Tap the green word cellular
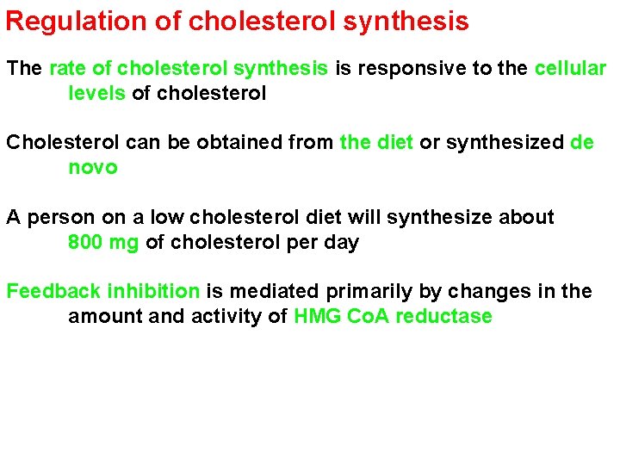coord(570,68)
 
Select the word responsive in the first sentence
coord(396,68)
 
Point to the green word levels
coord(96,92)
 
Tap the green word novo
coord(92,167)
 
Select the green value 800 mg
coord(102,242)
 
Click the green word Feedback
coord(53,291)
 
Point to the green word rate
coord(67,68)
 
